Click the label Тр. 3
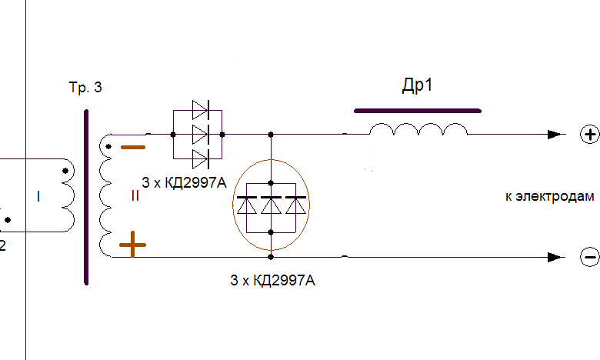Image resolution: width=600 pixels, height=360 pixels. point(85,88)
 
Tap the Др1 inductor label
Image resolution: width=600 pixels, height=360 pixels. point(417,85)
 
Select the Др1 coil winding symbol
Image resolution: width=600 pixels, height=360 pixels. point(418,129)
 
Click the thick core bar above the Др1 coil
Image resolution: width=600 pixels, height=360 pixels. point(418,111)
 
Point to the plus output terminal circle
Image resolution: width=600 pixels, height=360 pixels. point(590,135)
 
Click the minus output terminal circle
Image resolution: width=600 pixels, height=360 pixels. point(590,257)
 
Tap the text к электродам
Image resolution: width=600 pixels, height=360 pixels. point(549,196)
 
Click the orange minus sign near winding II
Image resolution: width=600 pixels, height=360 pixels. point(133,147)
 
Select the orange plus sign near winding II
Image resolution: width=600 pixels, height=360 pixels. point(132,245)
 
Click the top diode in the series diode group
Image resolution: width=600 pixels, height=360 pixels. point(201,110)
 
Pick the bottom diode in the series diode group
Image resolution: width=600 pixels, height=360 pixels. point(201,159)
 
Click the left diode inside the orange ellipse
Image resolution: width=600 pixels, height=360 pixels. point(247,205)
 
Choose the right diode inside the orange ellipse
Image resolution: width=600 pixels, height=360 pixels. point(296,205)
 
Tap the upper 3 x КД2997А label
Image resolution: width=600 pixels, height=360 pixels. point(184,182)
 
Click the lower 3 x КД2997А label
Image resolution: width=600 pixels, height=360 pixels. point(272,281)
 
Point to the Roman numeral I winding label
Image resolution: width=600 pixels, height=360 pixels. point(38,197)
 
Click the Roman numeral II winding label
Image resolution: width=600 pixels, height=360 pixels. point(135,196)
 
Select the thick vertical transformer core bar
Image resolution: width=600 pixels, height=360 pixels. point(86,198)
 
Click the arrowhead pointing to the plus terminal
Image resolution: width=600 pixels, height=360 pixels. point(555,135)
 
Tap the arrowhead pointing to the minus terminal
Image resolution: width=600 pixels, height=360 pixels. point(555,257)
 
